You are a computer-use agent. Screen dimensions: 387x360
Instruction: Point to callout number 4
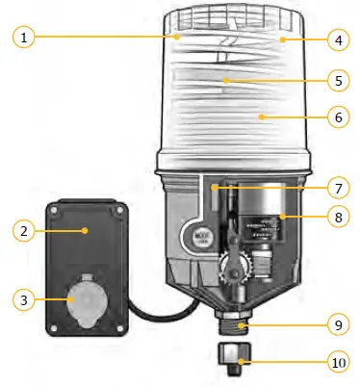[x=336, y=40]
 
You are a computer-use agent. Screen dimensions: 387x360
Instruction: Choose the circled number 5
[x=336, y=80]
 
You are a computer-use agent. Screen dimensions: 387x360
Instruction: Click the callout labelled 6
[x=336, y=117]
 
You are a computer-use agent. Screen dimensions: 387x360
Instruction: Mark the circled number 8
[x=336, y=219]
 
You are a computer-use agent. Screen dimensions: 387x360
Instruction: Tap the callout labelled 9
[x=336, y=325]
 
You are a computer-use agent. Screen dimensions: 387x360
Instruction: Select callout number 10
[x=336, y=363]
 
